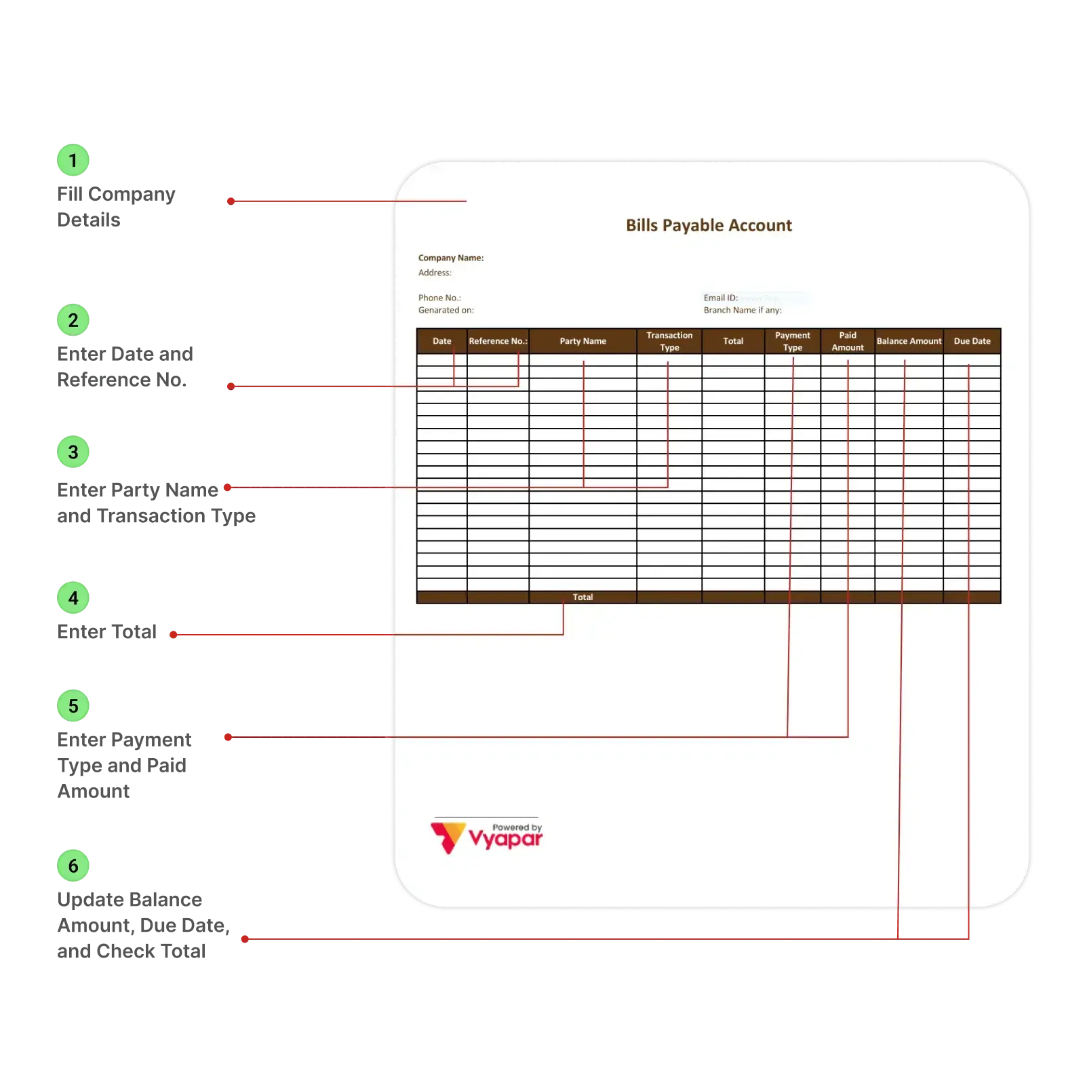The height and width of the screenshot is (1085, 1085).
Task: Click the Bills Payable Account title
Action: click(x=709, y=225)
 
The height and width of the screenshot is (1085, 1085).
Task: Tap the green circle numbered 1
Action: click(x=73, y=161)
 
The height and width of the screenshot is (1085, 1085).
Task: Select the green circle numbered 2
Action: click(x=73, y=320)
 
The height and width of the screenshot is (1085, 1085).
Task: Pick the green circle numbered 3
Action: click(x=73, y=452)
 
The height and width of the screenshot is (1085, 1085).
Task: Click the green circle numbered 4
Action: click(x=73, y=598)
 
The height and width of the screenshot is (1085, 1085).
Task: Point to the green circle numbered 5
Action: click(x=73, y=706)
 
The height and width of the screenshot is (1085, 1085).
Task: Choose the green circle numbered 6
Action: click(x=73, y=866)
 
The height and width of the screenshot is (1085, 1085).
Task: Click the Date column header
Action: click(x=441, y=341)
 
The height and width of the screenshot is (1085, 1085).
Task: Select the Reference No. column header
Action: click(x=498, y=341)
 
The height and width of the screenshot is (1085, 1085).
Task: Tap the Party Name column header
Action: click(x=583, y=341)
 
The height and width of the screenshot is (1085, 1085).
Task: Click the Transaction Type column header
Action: click(x=669, y=341)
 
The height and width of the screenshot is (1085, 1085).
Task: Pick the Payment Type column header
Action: click(x=792, y=341)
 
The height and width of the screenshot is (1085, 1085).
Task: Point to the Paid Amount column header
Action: click(x=848, y=341)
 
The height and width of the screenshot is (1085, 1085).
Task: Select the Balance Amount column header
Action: click(x=909, y=341)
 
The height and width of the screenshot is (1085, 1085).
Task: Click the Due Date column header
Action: click(x=972, y=341)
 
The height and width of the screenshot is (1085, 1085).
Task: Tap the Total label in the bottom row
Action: click(x=583, y=597)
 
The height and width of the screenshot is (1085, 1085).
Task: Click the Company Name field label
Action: click(x=451, y=258)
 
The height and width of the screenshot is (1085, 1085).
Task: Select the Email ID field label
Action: click(x=720, y=298)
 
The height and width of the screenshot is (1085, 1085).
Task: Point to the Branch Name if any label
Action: click(x=743, y=310)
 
